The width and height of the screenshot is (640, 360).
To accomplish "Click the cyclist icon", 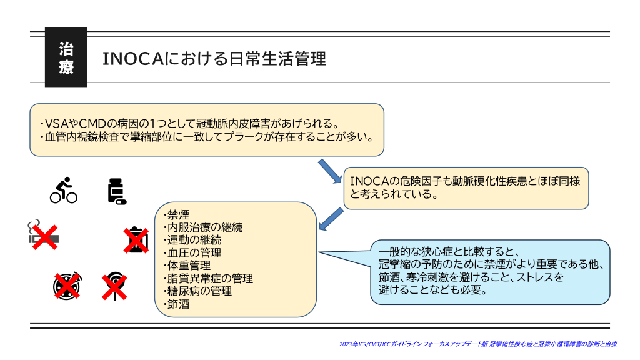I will tap(63, 191).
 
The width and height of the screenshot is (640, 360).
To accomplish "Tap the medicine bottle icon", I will tap(116, 192).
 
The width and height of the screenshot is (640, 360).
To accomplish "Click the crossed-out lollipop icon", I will tap(115, 287).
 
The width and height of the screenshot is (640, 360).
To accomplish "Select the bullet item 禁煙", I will tap(177, 214).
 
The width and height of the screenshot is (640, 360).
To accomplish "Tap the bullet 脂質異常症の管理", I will tap(209, 279).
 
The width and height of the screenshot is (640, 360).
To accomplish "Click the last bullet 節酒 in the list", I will tap(177, 304).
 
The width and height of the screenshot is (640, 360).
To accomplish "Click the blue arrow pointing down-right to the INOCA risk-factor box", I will tap(331, 171).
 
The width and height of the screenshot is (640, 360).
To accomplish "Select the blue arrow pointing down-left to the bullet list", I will tap(331, 219).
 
